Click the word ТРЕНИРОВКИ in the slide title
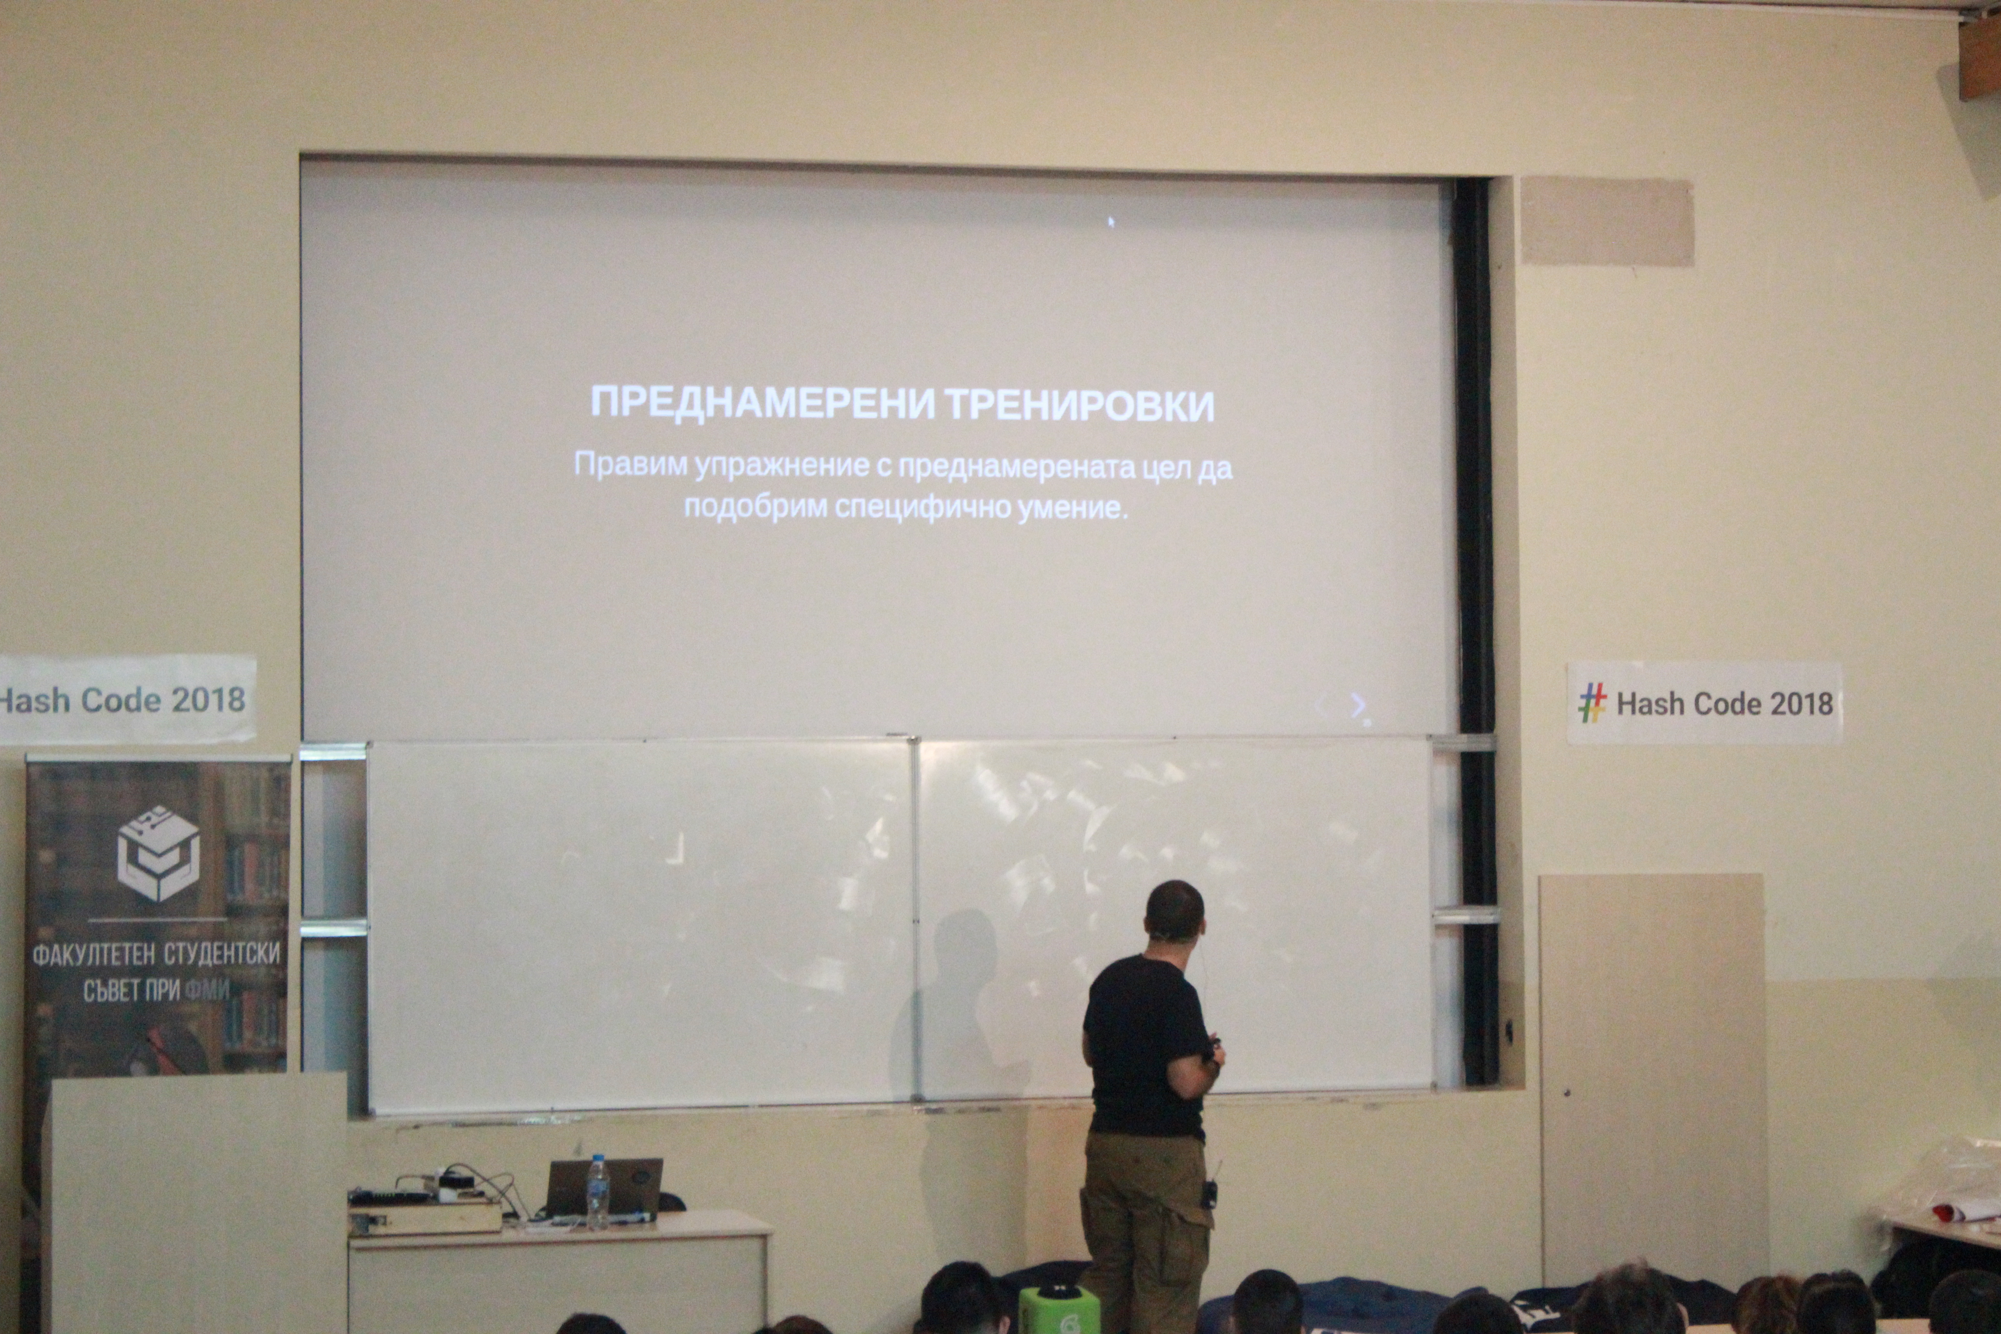1080,405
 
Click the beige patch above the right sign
1606,221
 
